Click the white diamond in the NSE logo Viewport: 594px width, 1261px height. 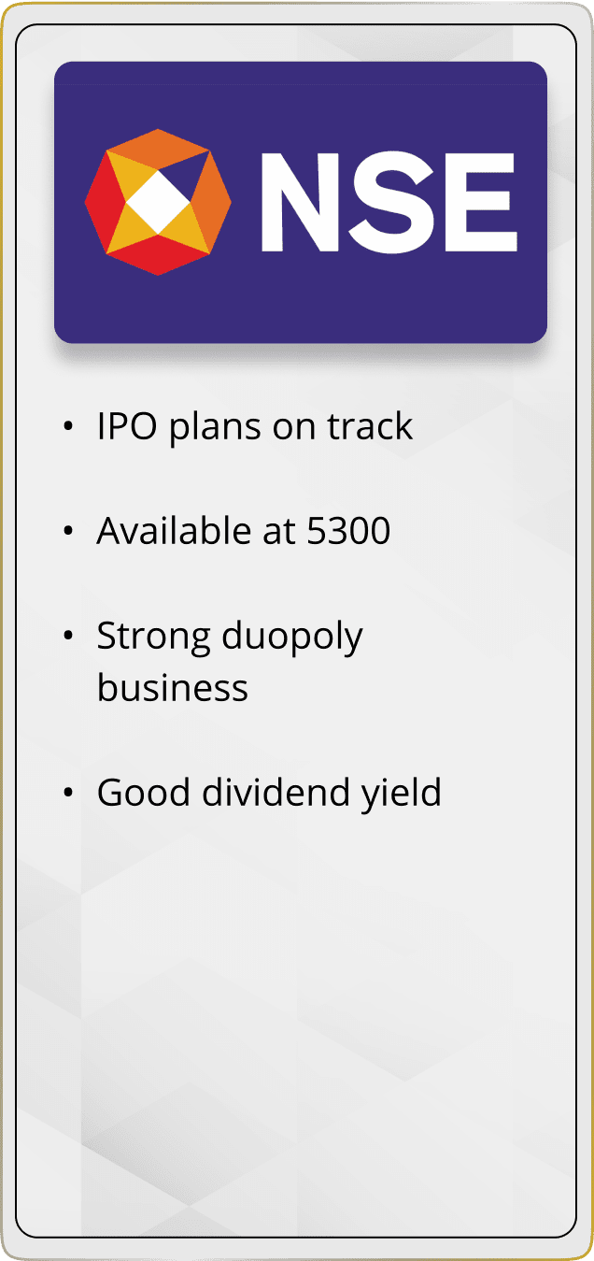point(158,203)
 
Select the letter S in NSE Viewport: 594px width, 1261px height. point(390,202)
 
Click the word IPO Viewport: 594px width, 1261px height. point(127,426)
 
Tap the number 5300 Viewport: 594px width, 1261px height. point(348,531)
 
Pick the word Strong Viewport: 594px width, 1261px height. point(153,638)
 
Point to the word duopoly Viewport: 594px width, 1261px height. point(292,638)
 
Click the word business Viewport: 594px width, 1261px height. point(172,687)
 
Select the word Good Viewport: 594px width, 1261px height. point(144,792)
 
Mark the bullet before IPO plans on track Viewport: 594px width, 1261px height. point(68,426)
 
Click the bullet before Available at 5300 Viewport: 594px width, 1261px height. point(68,531)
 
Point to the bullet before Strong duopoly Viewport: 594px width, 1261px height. point(68,636)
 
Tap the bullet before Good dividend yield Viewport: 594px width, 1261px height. point(68,793)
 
